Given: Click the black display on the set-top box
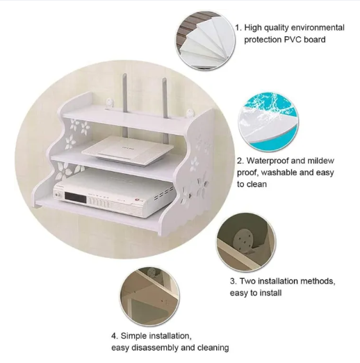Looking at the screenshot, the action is tap(76, 197).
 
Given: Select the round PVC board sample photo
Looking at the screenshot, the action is tap(206, 40).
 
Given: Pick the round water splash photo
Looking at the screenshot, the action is tap(269, 122).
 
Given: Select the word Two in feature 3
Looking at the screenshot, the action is tap(247, 281).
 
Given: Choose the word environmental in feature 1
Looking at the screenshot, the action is tap(318, 28).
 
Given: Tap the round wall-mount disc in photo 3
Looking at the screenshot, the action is tap(243, 240).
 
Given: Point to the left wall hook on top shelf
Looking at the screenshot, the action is tap(109, 103).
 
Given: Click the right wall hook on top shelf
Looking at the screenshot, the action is tap(191, 113).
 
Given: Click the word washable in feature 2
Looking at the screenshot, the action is tap(281, 172).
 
